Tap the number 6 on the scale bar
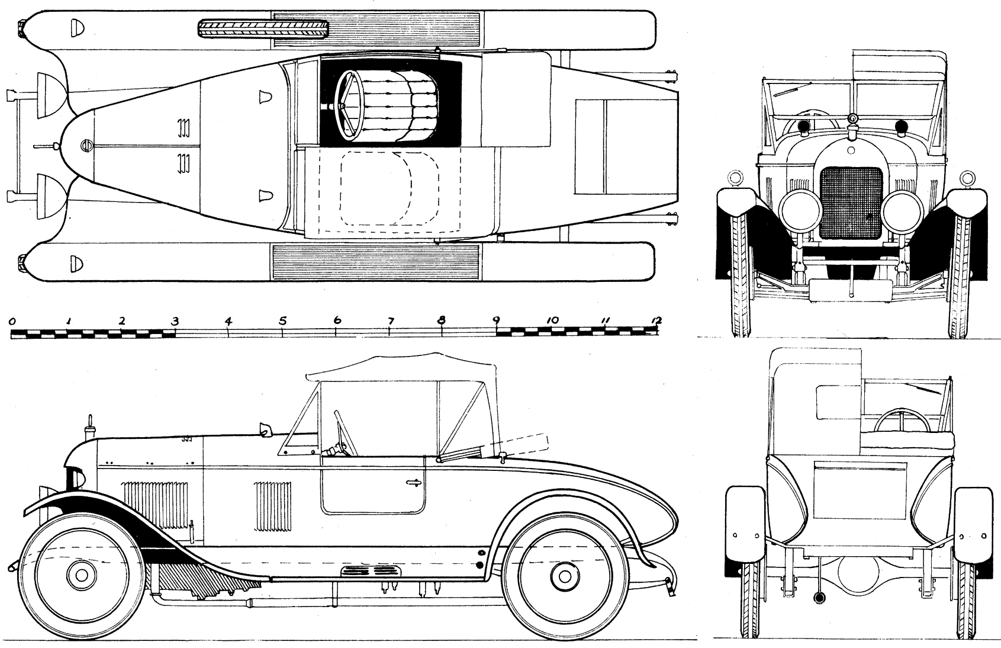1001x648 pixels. (x=337, y=320)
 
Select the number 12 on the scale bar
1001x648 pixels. (x=655, y=320)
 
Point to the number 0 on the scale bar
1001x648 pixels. (x=12, y=320)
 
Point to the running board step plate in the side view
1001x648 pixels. (x=368, y=571)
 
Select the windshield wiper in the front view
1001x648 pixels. (x=784, y=91)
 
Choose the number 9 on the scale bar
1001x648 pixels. (x=495, y=320)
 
